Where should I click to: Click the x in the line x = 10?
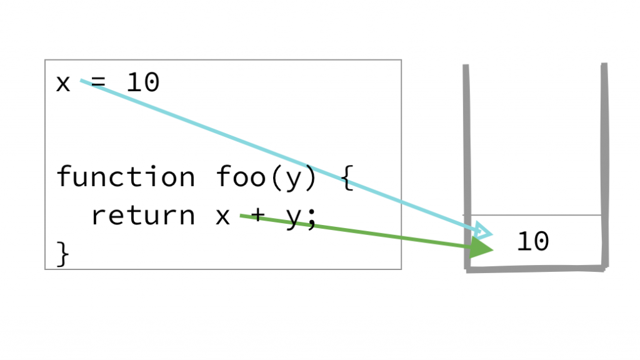(x=62, y=83)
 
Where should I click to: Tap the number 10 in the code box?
(x=142, y=82)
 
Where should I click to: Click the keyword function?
(x=125, y=177)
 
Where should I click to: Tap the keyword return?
(x=142, y=216)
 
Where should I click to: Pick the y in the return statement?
(x=293, y=219)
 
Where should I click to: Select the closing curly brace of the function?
(x=63, y=254)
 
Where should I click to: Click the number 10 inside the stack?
(x=532, y=242)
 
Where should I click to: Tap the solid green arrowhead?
(x=481, y=249)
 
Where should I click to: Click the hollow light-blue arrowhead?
(x=484, y=230)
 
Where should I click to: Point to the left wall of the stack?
(x=466, y=156)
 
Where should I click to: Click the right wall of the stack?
(x=604, y=156)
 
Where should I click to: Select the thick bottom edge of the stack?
(x=536, y=269)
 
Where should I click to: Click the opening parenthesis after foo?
(x=275, y=177)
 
